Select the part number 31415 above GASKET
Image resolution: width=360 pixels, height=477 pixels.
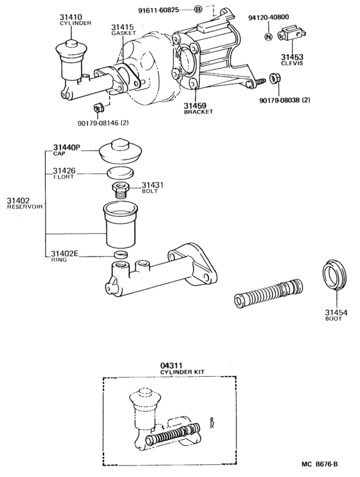[x=122, y=27]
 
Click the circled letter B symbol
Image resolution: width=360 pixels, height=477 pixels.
[x=198, y=10]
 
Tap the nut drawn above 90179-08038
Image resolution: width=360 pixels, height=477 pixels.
[x=274, y=78]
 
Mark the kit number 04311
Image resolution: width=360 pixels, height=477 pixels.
[x=171, y=366]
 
